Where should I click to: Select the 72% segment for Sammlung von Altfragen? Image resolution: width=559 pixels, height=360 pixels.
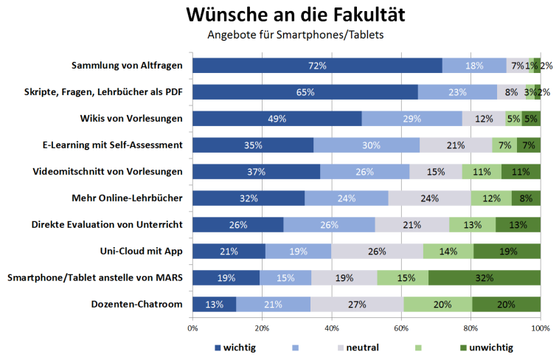pyautogui.click(x=317, y=66)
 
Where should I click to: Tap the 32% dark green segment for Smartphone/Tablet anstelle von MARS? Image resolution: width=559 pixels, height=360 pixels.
pyautogui.click(x=485, y=277)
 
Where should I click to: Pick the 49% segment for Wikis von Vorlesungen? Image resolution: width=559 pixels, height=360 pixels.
pyautogui.click(x=277, y=119)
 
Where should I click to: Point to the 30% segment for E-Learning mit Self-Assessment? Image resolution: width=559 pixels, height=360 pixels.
pyautogui.click(x=367, y=145)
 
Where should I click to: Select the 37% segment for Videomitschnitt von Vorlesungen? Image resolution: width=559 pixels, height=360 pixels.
pyautogui.click(x=256, y=172)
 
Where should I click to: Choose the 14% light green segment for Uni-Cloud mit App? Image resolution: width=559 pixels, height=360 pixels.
pyautogui.click(x=448, y=251)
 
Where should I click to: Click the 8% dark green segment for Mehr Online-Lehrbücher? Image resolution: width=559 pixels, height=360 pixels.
pyautogui.click(x=527, y=198)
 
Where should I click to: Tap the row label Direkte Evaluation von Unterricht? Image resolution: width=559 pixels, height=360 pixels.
pyautogui.click(x=107, y=224)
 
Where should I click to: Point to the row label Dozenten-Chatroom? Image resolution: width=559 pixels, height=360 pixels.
pyautogui.click(x=136, y=304)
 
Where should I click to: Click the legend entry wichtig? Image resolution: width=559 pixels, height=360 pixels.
pyautogui.click(x=236, y=347)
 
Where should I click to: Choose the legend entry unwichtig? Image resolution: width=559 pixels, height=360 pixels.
pyautogui.click(x=488, y=347)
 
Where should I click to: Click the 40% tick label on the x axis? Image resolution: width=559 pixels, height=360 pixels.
pyautogui.click(x=331, y=328)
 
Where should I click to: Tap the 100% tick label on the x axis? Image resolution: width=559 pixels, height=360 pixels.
pyautogui.click(x=540, y=328)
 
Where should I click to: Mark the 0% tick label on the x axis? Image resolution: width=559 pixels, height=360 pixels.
pyautogui.click(x=192, y=328)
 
